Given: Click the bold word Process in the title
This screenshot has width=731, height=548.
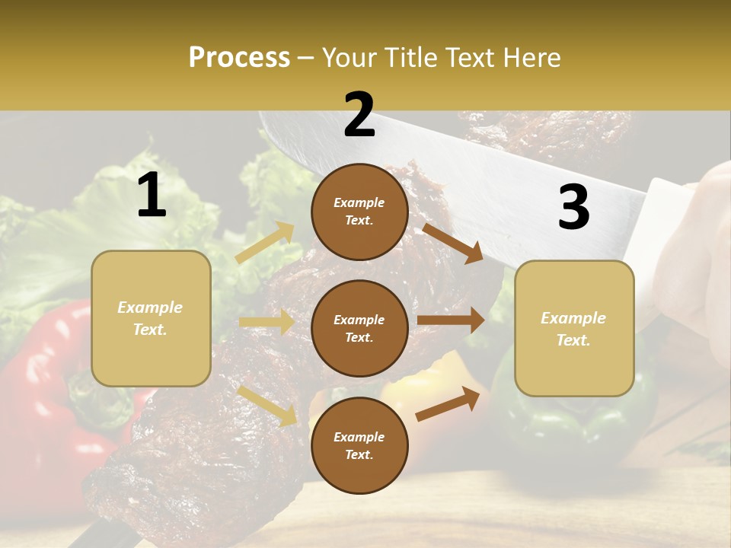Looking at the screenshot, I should (239, 58).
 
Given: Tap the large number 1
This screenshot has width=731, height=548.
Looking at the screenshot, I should (152, 196).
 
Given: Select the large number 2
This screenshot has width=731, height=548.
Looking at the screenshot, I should (359, 115).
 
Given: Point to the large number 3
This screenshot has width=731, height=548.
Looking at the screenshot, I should (574, 207).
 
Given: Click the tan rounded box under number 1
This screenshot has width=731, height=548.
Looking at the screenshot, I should (151, 318).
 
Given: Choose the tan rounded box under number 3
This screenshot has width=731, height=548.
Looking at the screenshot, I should (574, 329).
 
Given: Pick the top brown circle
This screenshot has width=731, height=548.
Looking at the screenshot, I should (359, 212).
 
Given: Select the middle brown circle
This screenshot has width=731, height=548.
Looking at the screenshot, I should (359, 329).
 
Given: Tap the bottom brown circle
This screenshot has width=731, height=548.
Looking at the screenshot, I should (359, 446).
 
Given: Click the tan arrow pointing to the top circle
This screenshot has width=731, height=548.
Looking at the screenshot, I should (265, 243).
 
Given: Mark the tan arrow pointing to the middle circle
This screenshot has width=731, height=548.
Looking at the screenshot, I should (267, 322).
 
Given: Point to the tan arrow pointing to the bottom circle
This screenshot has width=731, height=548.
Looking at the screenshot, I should (267, 406).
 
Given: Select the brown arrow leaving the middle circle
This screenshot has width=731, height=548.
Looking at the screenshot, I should (451, 320).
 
